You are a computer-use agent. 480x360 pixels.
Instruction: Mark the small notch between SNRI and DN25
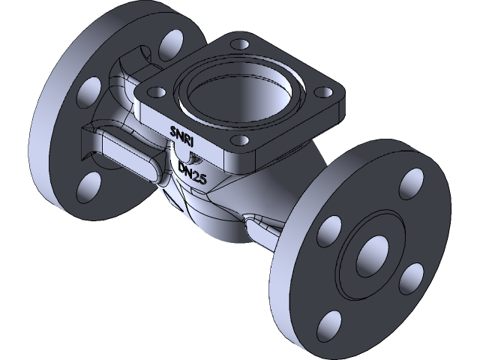click(x=193, y=158)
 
